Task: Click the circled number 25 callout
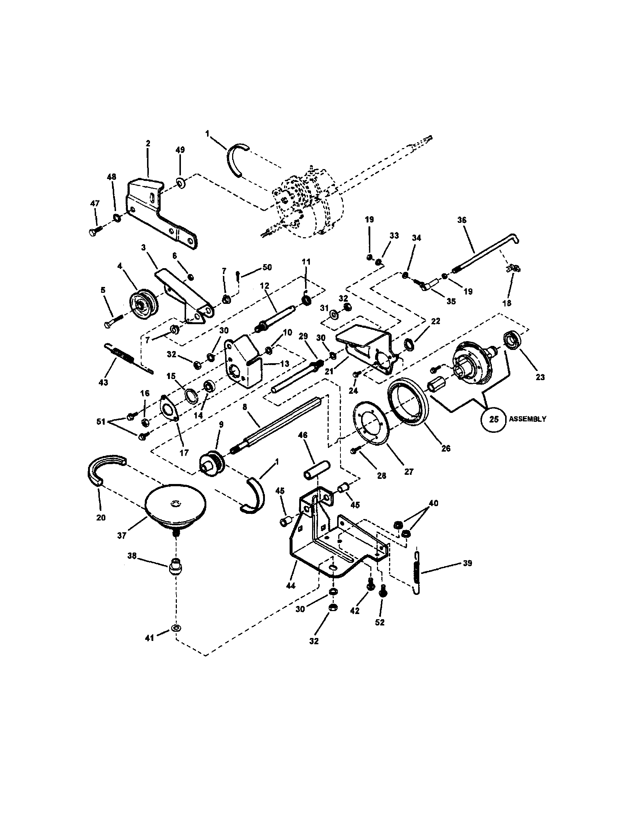pos(494,419)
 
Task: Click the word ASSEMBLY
pos(527,419)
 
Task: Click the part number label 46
pos(302,435)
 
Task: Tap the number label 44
pos(290,585)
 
